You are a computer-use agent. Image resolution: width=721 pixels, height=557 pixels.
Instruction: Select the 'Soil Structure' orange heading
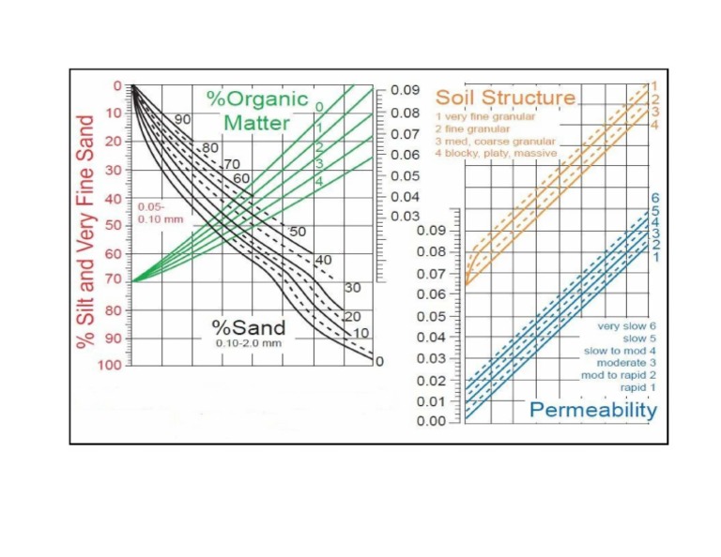point(505,98)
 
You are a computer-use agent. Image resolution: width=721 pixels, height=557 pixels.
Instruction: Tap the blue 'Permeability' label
point(593,410)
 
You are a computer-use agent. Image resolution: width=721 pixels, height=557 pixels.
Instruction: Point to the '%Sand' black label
point(248,327)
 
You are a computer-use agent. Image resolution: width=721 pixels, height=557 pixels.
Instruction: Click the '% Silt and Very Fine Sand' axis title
point(86,221)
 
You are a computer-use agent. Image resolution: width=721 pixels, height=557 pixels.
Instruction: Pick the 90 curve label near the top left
point(183,120)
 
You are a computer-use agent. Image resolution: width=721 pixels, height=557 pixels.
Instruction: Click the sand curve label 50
point(298,231)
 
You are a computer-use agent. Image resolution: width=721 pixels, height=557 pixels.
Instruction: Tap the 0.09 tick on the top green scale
point(406,91)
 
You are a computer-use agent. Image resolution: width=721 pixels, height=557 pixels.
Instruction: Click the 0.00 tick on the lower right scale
point(432,421)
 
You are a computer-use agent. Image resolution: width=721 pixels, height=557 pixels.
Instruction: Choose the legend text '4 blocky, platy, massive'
point(496,153)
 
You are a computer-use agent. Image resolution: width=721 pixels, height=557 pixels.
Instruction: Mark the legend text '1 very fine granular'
point(485,116)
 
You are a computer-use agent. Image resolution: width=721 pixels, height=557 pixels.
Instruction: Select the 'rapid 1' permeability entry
point(638,387)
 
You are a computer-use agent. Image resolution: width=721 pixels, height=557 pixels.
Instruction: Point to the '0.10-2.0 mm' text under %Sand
point(247,343)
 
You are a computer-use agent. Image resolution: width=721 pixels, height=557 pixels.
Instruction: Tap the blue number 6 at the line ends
point(655,198)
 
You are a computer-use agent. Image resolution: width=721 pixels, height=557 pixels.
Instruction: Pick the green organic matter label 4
point(319,180)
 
